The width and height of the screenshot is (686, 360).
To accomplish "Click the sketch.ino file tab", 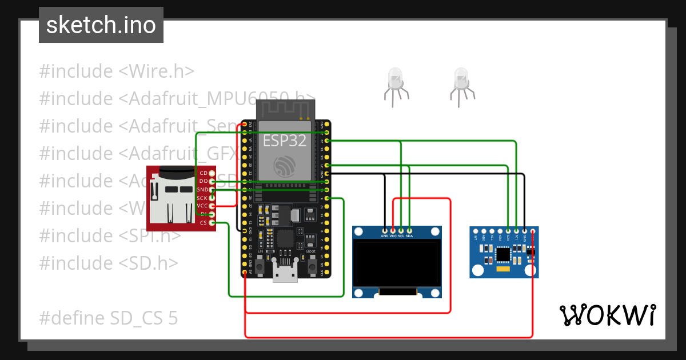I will (x=101, y=25).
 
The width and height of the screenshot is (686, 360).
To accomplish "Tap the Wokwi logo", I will (x=607, y=315).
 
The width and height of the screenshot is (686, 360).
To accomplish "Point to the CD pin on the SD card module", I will (x=212, y=173).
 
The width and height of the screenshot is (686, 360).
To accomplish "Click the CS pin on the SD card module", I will (x=212, y=222).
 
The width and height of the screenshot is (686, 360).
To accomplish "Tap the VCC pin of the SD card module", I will (x=212, y=206).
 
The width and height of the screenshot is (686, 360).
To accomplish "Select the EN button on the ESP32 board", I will (x=260, y=266).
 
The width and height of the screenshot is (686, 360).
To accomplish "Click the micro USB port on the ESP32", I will (x=285, y=274).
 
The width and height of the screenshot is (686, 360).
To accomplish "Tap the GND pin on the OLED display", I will (x=385, y=230).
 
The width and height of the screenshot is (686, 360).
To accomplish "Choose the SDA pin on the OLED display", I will (x=409, y=230).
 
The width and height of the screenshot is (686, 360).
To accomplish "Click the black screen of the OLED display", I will (x=397, y=262).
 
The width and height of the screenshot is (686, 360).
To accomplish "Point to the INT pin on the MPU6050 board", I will (x=476, y=231).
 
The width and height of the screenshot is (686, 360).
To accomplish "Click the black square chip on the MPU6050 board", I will (x=504, y=254).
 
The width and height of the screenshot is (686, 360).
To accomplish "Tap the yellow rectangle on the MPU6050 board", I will (x=503, y=269).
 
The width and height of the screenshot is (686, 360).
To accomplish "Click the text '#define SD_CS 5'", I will (x=109, y=318).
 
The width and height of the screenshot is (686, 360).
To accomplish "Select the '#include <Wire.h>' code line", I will (x=117, y=71).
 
